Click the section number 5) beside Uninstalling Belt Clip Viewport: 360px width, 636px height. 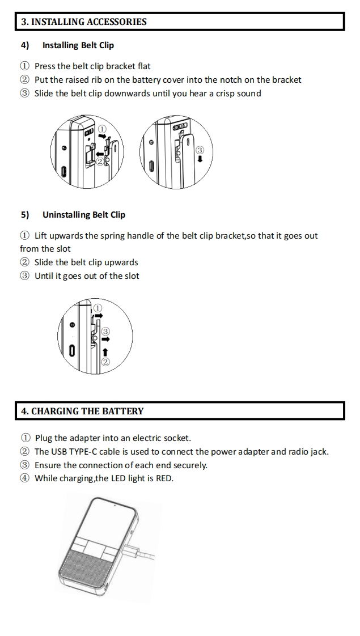coord(25,215)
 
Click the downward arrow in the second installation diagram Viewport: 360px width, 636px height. coord(200,159)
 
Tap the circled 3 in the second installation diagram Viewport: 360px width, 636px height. coord(200,150)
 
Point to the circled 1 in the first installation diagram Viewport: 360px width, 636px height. coord(103,129)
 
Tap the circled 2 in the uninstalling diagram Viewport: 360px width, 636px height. coord(105,362)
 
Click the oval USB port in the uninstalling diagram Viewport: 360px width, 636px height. coord(72,351)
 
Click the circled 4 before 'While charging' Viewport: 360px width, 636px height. coord(26,479)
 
